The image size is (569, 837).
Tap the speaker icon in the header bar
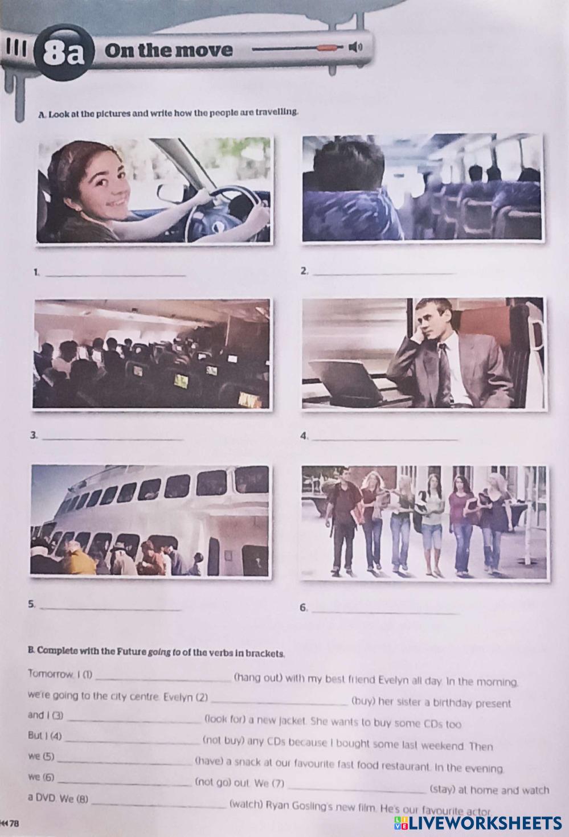[355, 47]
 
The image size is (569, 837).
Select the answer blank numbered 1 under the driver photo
[115, 276]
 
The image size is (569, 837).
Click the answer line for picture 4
[385, 440]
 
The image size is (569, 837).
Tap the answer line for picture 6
[385, 613]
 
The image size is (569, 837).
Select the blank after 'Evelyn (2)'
[280, 704]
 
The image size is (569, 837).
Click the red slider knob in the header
[327, 47]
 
